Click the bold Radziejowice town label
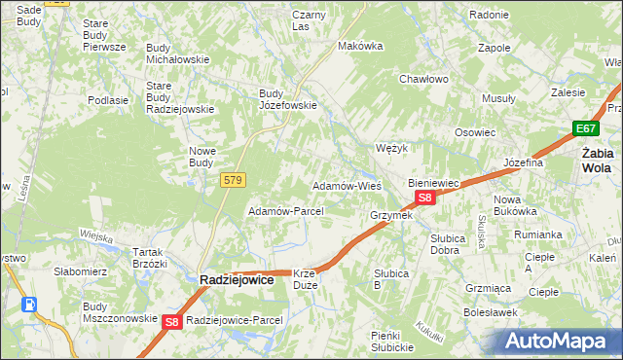(x=234, y=279)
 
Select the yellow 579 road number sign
(x=233, y=180)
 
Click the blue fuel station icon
(x=30, y=305)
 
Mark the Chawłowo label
(x=422, y=79)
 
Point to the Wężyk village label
(x=390, y=148)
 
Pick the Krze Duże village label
(x=306, y=280)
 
